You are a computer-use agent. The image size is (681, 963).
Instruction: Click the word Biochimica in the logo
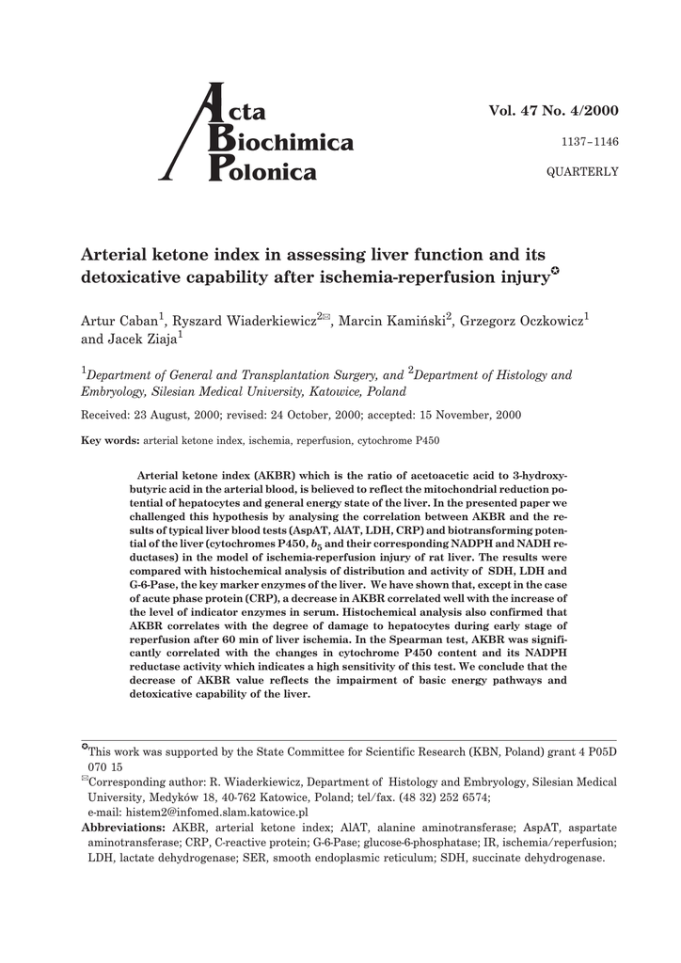pos(285,143)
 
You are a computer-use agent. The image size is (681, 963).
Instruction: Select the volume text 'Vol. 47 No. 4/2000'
pos(553,110)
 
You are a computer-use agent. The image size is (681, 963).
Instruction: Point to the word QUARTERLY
pos(583,171)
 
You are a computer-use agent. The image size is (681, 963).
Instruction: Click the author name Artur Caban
pos(119,323)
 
